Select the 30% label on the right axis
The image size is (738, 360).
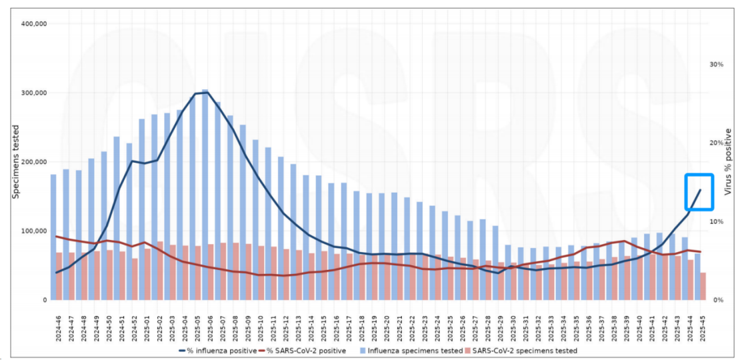(x=717, y=65)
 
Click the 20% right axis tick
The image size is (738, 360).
(x=717, y=143)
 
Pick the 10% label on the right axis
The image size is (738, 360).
(x=717, y=222)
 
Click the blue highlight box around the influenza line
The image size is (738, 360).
(x=699, y=193)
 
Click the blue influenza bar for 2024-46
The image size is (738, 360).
(x=53, y=213)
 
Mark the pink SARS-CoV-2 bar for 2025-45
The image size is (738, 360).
(x=703, y=287)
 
